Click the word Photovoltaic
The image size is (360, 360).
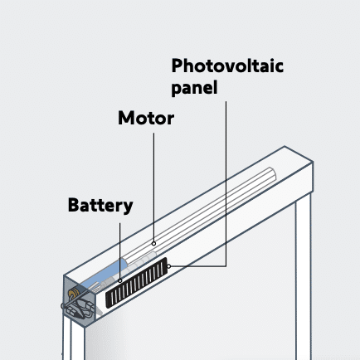[x=227, y=66]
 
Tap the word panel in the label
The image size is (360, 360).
[x=194, y=88]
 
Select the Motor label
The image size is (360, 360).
[x=146, y=118]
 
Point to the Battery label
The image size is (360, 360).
[x=100, y=206]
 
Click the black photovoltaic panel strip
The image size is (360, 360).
[x=137, y=283]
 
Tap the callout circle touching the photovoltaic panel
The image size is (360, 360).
[x=168, y=266]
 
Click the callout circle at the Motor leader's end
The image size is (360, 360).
[x=153, y=244]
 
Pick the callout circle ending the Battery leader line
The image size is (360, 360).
[x=120, y=280]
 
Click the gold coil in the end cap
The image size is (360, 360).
[x=74, y=293]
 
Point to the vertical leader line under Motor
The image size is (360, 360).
[x=154, y=187]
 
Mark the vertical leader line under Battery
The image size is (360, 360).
[x=120, y=251]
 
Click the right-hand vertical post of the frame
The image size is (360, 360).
[x=303, y=276]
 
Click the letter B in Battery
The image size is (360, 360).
[x=74, y=205]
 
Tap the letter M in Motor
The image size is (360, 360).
[x=126, y=118]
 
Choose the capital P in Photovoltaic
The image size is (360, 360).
[x=178, y=66]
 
